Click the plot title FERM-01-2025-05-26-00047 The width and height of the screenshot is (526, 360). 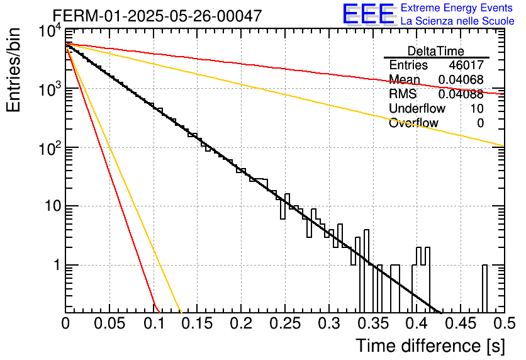click(x=157, y=16)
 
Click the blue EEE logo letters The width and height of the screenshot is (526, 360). click(x=368, y=14)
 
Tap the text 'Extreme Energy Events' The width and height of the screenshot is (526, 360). click(x=457, y=8)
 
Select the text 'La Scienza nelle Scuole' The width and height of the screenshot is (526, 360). click(x=457, y=21)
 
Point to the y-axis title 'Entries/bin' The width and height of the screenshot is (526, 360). click(x=13, y=70)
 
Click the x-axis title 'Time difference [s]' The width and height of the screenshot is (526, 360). click(x=430, y=346)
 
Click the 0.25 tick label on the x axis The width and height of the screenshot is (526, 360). click(x=285, y=323)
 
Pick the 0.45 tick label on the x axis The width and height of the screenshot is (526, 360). click(x=461, y=323)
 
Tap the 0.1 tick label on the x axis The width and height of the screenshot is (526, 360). click(x=154, y=323)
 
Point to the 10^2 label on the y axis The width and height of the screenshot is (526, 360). click(x=50, y=148)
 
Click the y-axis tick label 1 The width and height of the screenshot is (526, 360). click(x=57, y=265)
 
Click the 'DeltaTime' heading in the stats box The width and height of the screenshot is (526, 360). click(x=436, y=51)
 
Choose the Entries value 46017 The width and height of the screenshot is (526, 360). click(x=466, y=65)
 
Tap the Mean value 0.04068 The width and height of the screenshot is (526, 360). click(x=461, y=79)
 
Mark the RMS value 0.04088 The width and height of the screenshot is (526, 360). click(x=461, y=94)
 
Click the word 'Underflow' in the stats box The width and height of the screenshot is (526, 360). click(x=417, y=108)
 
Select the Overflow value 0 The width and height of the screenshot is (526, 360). click(x=480, y=123)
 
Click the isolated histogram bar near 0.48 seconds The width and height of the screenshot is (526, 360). click(x=484, y=288)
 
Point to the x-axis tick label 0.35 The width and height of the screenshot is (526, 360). click(x=373, y=323)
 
